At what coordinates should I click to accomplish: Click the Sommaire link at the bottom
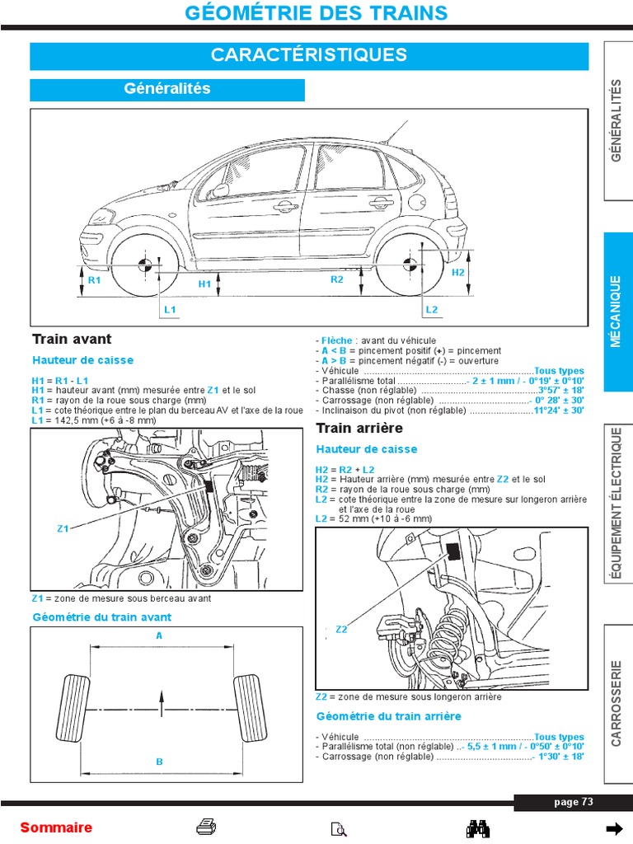56,828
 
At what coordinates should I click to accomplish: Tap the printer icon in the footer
206,828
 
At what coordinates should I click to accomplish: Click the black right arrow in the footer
614,828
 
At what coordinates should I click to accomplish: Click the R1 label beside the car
94,280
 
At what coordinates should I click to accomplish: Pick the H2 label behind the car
459,272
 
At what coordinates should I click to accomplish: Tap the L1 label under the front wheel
171,309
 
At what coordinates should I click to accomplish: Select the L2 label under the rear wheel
432,309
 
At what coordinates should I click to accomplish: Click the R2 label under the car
336,280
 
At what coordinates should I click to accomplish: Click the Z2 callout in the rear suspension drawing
342,630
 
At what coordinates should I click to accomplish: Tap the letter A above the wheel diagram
160,635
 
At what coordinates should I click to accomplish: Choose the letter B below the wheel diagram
160,762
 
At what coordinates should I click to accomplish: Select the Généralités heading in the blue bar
167,89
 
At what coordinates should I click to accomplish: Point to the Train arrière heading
359,428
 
